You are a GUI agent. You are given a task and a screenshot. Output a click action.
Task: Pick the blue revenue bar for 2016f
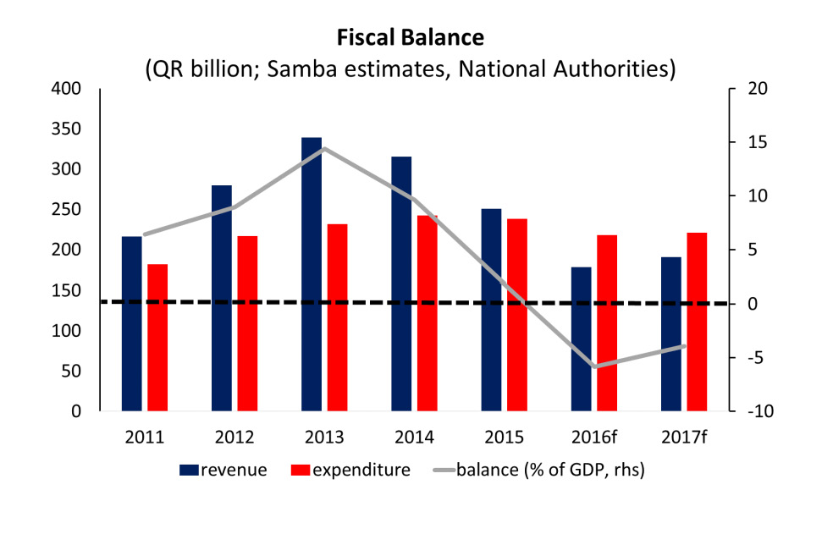pos(581,339)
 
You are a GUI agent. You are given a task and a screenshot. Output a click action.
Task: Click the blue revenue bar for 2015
pos(491,309)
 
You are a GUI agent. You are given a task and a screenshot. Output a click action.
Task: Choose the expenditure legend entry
pos(350,470)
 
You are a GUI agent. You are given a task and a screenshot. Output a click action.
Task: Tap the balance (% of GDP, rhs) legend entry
pos(538,470)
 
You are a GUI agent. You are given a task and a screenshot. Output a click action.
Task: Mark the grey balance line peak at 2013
pos(324,149)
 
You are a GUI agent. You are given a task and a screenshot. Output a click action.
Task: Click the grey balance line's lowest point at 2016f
pos(594,366)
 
